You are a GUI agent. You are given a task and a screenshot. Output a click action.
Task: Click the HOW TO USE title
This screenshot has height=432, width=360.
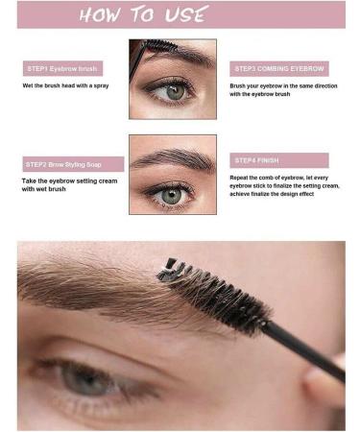tap(144, 14)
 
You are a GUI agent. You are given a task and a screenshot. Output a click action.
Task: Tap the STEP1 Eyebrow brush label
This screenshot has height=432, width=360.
tap(62, 69)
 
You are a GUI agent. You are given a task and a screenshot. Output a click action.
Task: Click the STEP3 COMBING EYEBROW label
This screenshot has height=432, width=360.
tap(279, 69)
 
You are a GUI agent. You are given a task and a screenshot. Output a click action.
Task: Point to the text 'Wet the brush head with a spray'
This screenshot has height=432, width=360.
tap(64, 85)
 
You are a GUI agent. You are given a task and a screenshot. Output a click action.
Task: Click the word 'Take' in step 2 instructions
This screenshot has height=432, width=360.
tap(30, 180)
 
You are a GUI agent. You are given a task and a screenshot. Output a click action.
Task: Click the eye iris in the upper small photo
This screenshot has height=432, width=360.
tap(174, 91)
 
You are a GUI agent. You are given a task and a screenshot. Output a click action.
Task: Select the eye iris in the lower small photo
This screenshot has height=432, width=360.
tap(171, 194)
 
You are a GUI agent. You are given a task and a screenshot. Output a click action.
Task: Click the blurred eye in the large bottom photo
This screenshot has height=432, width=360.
tap(91, 379)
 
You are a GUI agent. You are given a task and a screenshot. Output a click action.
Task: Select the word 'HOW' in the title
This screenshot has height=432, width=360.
tap(100, 14)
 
